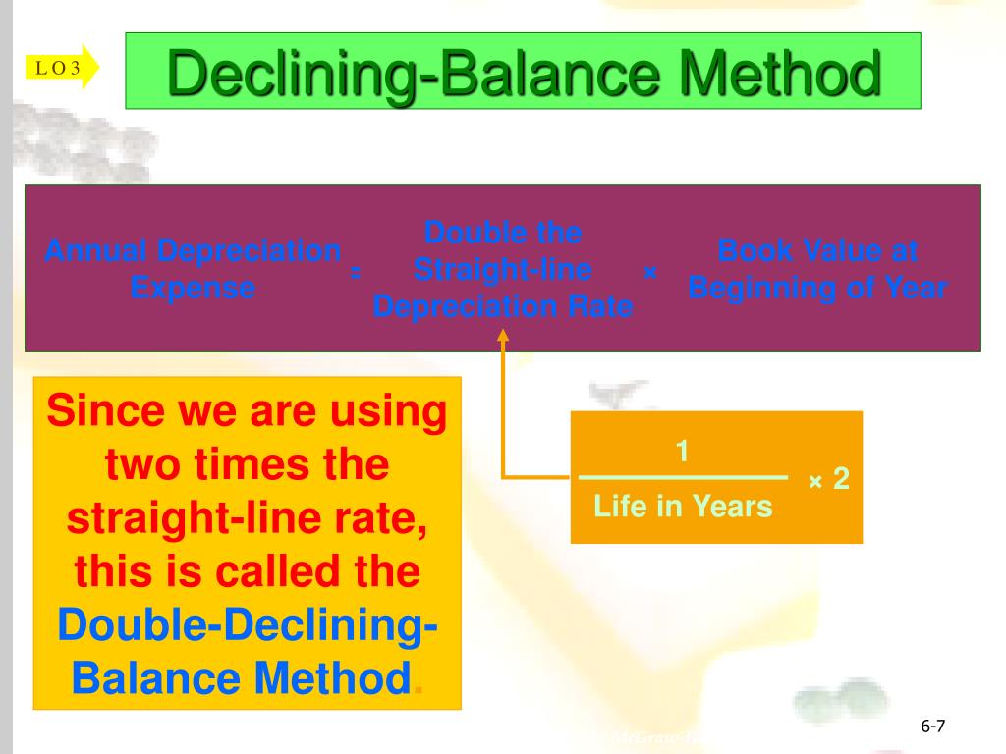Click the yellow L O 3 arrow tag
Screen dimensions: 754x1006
[61, 67]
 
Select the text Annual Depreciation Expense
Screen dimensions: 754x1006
[193, 269]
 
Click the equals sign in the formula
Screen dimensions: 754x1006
[355, 272]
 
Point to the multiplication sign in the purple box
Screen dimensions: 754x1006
[649, 272]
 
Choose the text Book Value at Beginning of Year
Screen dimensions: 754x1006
[817, 269]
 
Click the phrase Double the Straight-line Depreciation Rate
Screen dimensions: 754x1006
[503, 269]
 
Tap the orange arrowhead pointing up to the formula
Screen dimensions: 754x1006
[503, 337]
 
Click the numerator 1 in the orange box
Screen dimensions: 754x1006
[681, 452]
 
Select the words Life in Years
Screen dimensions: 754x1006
[683, 507]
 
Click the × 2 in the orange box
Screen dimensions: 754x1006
[828, 480]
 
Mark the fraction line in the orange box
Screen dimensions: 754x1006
[683, 478]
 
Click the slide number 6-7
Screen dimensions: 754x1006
[932, 727]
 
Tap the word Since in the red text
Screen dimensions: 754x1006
[105, 410]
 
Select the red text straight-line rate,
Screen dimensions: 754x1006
[248, 517]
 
